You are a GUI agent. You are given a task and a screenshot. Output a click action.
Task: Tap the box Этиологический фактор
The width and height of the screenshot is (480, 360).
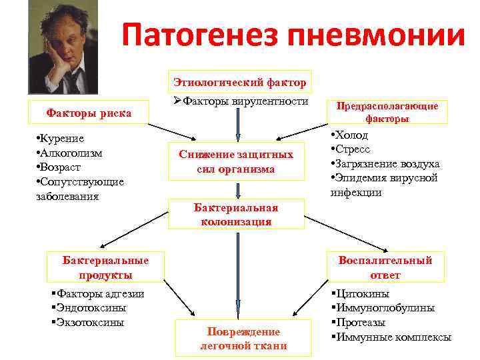click(x=240, y=83)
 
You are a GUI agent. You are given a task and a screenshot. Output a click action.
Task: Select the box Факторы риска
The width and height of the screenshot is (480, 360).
click(x=88, y=113)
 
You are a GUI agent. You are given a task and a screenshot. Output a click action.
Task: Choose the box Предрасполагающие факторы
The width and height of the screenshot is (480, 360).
click(x=387, y=112)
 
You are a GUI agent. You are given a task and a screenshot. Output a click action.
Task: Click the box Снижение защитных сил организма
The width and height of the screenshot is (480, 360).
click(x=236, y=161)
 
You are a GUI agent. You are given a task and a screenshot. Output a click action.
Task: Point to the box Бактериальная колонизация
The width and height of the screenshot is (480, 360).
click(x=236, y=215)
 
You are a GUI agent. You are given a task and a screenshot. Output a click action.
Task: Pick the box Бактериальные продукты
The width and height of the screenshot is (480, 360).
click(x=105, y=267)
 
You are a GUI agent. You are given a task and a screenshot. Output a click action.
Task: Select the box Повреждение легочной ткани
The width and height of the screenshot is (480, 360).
click(x=243, y=339)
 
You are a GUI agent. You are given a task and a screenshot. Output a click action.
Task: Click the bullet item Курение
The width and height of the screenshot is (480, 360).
click(x=61, y=139)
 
